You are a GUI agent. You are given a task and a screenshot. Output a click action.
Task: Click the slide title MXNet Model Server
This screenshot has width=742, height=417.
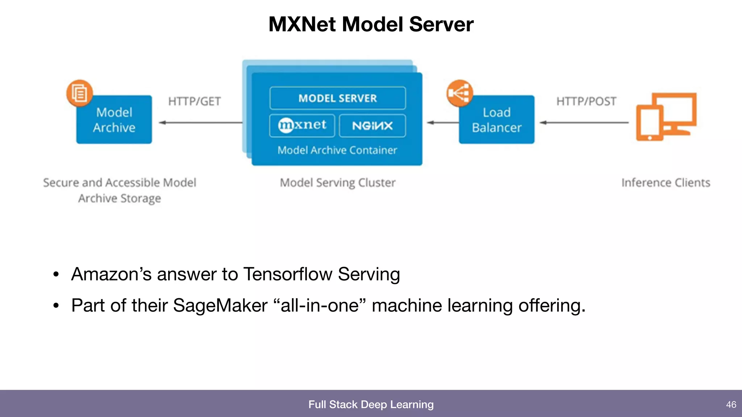(371, 24)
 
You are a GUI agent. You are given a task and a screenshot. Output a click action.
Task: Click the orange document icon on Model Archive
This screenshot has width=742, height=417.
(79, 93)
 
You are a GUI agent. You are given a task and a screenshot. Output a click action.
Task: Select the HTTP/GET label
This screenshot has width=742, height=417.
(195, 101)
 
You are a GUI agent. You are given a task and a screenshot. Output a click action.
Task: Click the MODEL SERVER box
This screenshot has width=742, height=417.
(337, 98)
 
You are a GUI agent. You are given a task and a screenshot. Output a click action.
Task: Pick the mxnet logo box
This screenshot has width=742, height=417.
(302, 126)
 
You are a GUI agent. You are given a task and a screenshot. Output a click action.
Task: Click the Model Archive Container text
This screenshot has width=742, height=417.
(337, 150)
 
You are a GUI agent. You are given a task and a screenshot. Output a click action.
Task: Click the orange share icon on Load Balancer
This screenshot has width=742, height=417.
(459, 93)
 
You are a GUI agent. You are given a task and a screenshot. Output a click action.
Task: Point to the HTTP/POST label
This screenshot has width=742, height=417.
(586, 101)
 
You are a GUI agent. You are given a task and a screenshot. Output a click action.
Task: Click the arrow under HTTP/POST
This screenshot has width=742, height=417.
(584, 123)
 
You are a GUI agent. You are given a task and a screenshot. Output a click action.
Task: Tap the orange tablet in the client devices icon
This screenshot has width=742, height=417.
(650, 123)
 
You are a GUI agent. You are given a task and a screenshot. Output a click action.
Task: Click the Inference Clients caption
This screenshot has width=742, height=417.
(666, 182)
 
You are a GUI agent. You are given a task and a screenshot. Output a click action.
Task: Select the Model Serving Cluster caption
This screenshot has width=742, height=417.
(337, 182)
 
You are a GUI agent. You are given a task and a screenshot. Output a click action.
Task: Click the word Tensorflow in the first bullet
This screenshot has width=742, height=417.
(288, 274)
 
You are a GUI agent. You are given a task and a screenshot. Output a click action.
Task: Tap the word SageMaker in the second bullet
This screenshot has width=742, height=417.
(220, 306)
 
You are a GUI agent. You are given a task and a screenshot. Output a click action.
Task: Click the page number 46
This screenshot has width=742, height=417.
(731, 404)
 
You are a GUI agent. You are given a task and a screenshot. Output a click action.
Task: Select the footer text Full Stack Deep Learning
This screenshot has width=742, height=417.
(371, 404)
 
